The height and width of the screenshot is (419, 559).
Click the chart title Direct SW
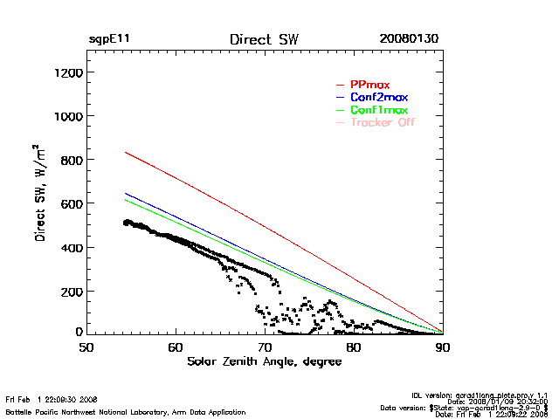click(x=263, y=40)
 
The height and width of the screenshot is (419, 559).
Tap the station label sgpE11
click(x=109, y=40)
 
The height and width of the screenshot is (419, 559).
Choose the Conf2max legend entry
click(x=378, y=97)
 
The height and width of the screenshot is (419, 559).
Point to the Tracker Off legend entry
click(x=383, y=123)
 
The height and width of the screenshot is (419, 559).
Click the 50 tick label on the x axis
click(x=86, y=347)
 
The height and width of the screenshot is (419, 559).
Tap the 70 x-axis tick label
click(x=265, y=347)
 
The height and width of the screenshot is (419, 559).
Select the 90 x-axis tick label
click(x=443, y=347)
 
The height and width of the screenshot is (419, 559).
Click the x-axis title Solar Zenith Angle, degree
click(x=264, y=361)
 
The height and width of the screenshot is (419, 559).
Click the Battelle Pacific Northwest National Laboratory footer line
click(x=126, y=412)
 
